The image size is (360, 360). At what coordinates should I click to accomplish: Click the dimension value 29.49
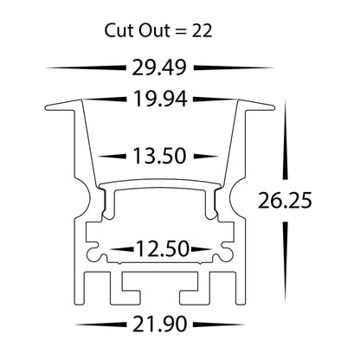[x=162, y=67]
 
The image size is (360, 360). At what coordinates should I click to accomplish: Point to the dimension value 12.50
[x=162, y=250]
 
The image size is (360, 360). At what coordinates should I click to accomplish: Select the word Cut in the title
[x=121, y=30]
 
